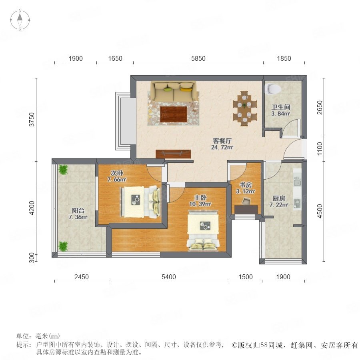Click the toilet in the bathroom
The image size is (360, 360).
pyautogui.click(x=272, y=89)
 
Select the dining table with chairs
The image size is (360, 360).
pyautogui.click(x=245, y=108)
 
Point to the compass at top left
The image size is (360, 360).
pyautogui.click(x=20, y=20)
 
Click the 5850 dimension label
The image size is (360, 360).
pyautogui.click(x=198, y=58)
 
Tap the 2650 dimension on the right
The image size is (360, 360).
pyautogui.click(x=320, y=108)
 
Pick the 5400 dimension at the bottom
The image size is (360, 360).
pyautogui.click(x=169, y=277)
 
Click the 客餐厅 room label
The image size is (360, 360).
pyautogui.click(x=222, y=140)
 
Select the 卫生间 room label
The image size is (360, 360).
pyautogui.click(x=281, y=107)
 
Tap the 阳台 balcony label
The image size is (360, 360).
pyautogui.click(x=78, y=210)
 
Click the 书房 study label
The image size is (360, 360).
pyautogui.click(x=246, y=184)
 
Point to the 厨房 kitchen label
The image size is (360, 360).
pyautogui.click(x=279, y=198)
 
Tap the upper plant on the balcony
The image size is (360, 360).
pyautogui.click(x=63, y=170)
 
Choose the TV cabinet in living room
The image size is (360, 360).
pyautogui.click(x=173, y=154)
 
